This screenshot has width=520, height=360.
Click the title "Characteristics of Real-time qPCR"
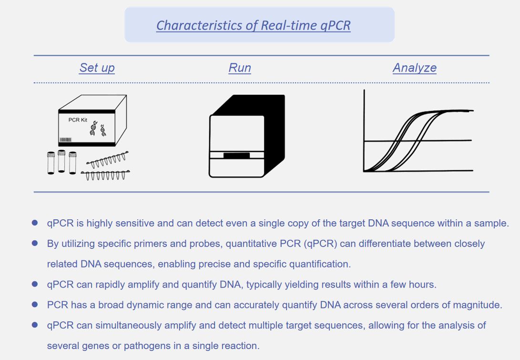[x=254, y=26]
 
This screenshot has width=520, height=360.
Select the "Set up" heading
[x=97, y=68]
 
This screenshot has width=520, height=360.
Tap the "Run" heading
[x=240, y=68]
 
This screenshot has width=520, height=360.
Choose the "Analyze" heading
[x=415, y=68]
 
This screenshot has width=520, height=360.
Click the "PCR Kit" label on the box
[x=78, y=120]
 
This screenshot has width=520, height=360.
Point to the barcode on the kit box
[x=65, y=140]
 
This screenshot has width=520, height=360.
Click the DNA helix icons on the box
[x=98, y=129]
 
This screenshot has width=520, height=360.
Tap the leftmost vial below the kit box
[x=51, y=163]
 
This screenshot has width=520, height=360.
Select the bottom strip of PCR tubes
[x=105, y=175]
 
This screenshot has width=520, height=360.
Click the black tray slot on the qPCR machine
[x=236, y=155]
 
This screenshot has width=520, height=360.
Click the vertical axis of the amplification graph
[x=364, y=130]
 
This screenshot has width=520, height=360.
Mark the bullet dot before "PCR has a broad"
[x=35, y=305]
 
